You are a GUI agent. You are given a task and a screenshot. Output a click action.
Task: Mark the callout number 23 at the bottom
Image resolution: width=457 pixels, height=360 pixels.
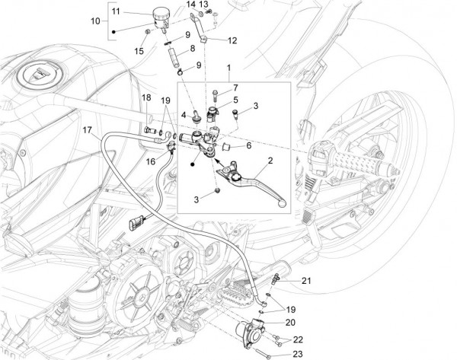tap(297, 354)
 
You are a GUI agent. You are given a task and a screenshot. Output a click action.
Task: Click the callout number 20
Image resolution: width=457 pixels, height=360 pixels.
tap(289, 322)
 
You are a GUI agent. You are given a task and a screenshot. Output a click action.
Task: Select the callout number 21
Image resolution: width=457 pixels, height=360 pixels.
tap(306, 282)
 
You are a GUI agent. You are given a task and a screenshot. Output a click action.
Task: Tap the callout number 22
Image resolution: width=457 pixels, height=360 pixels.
tap(298, 339)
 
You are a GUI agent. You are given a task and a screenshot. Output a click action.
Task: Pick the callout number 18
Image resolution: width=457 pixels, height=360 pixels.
tap(145, 98)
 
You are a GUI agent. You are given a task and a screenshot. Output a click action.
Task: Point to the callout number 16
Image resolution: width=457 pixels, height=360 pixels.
tap(150, 161)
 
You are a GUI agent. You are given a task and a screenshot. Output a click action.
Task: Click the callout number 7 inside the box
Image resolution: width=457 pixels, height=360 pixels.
tap(235, 88)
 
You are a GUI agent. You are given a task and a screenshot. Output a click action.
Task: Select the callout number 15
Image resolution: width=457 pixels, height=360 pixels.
tap(138, 51)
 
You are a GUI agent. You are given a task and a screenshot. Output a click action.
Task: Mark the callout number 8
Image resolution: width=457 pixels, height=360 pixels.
tap(192, 49)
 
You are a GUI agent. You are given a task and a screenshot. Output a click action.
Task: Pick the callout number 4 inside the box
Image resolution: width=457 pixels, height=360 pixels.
tap(183, 115)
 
